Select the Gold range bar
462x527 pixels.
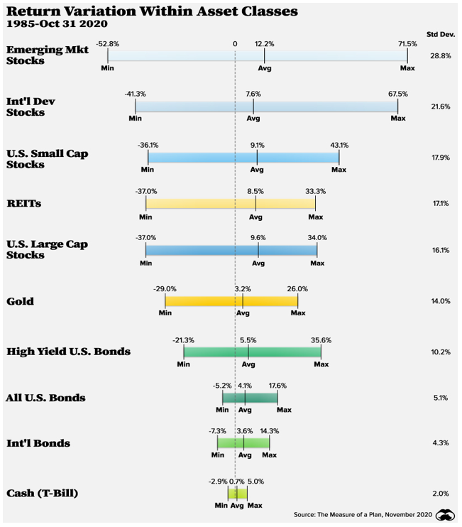[x=231, y=301]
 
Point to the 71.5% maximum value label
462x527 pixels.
[x=407, y=44]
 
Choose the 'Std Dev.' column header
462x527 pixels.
[x=439, y=34]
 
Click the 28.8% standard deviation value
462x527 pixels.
[x=440, y=55]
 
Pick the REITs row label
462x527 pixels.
[x=24, y=203]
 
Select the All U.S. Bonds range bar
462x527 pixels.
[x=250, y=398]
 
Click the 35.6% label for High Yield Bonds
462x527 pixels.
[x=321, y=340]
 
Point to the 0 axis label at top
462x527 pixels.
[x=234, y=44]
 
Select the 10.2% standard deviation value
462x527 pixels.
[x=440, y=352]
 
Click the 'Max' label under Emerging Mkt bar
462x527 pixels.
[x=407, y=68]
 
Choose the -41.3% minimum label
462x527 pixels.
[x=135, y=94]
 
